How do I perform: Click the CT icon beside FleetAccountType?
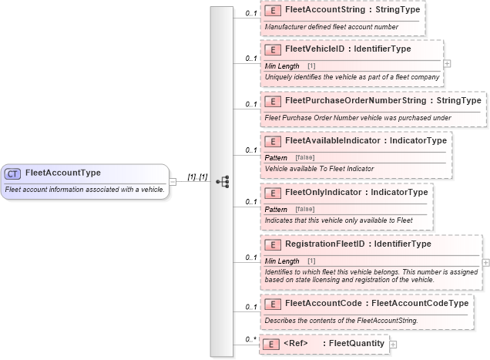pyautogui.click(x=13, y=173)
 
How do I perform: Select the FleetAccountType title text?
pyautogui.click(x=62, y=173)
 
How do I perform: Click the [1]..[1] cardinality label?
pyautogui.click(x=197, y=177)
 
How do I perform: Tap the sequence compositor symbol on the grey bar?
pyautogui.click(x=223, y=182)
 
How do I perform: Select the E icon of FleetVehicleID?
pyautogui.click(x=272, y=49)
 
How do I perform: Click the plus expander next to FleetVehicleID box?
pyautogui.click(x=448, y=63)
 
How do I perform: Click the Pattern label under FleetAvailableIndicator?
pyautogui.click(x=276, y=157)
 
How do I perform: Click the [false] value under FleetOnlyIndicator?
pyautogui.click(x=304, y=209)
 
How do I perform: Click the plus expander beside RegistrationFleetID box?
pyautogui.click(x=485, y=263)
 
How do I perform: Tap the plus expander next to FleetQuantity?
pyautogui.click(x=394, y=345)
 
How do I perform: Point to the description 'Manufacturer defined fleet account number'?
pyautogui.click(x=331, y=27)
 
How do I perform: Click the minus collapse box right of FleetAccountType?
pyautogui.click(x=173, y=182)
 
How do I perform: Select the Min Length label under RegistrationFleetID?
pyautogui.click(x=282, y=261)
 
